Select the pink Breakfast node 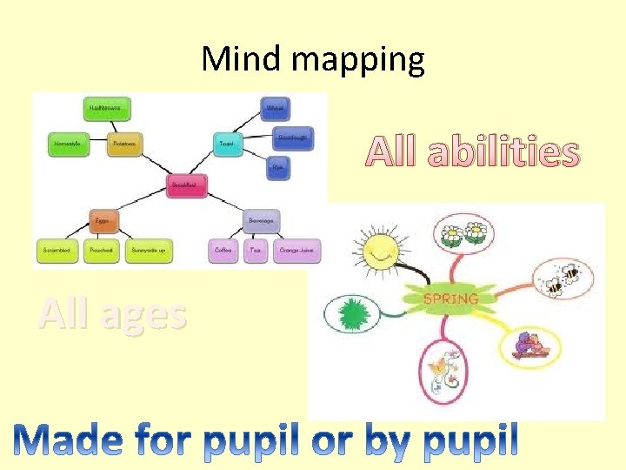tap(187, 185)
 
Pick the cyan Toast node tap(227, 144)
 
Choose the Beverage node tap(262, 221)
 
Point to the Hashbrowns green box tap(109, 108)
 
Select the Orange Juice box tap(298, 251)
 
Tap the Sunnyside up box tap(149, 251)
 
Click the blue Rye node tap(277, 167)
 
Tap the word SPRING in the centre tap(450, 299)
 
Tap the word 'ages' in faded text tap(142, 314)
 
